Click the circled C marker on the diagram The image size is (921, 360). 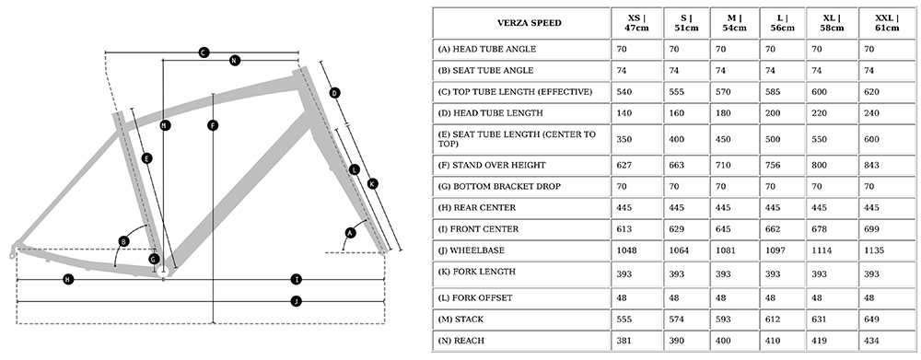[x=204, y=52]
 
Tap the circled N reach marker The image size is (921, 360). [x=235, y=60]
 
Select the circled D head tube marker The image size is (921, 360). [x=334, y=93]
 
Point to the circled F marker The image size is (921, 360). [x=214, y=125]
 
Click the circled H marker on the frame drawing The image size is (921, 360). [x=69, y=280]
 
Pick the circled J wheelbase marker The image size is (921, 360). [x=297, y=302]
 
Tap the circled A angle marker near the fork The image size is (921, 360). [x=351, y=233]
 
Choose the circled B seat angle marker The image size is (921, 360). [x=124, y=241]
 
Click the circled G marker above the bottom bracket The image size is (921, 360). [x=154, y=259]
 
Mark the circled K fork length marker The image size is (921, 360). [x=372, y=184]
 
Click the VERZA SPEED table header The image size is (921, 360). [x=530, y=24]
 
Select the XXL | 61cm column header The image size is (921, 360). [x=887, y=23]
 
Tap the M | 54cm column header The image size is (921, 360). [x=734, y=23]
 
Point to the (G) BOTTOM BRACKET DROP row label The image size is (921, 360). [x=499, y=187]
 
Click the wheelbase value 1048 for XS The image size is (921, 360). [x=626, y=250]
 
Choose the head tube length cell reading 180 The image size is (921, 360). [x=724, y=112]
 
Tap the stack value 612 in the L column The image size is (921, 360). [x=773, y=319]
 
